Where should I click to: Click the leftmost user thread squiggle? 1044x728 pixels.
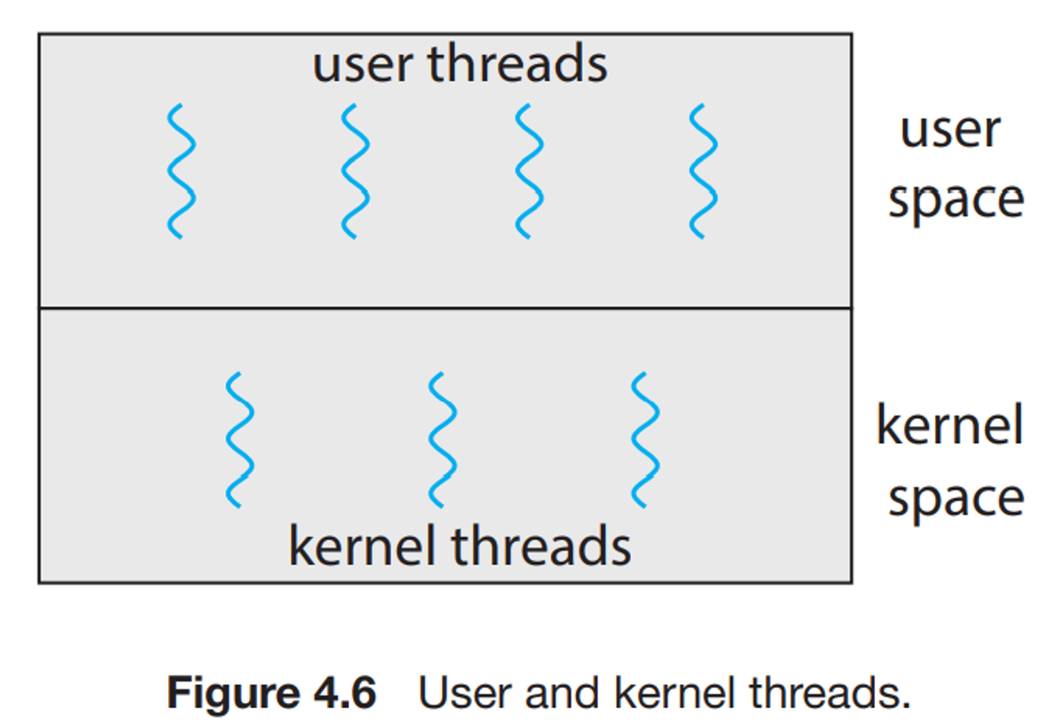(181, 171)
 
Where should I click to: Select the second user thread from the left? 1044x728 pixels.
(355, 171)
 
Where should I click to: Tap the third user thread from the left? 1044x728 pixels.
(529, 171)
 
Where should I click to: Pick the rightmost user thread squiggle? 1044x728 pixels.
(703, 171)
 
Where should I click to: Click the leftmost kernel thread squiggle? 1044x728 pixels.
(240, 440)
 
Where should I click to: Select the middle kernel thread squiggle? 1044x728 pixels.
(442, 440)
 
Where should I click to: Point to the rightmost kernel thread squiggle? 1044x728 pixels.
(645, 440)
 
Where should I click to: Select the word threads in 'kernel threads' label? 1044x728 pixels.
(541, 546)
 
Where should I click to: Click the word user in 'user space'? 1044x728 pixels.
(950, 131)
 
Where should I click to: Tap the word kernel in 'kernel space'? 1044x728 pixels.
(949, 425)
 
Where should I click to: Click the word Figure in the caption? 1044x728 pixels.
(233, 694)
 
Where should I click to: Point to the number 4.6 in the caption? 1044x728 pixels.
(345, 692)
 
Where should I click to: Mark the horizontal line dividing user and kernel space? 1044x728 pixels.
(445, 308)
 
